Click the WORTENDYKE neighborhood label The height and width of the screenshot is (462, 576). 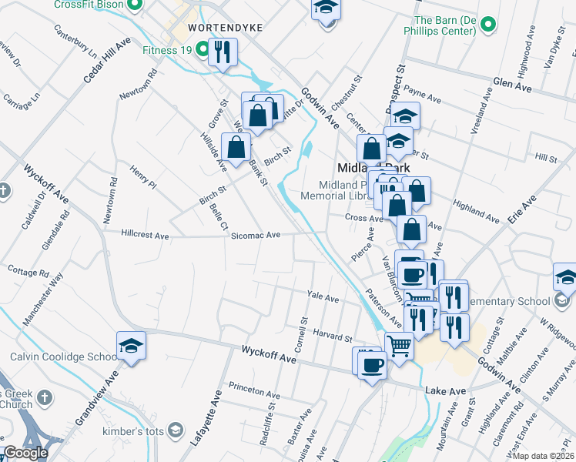click(x=215, y=27)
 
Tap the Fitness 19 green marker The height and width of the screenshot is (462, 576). click(x=203, y=51)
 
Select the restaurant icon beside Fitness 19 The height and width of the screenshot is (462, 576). click(x=223, y=52)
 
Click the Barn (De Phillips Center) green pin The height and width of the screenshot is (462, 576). click(x=487, y=25)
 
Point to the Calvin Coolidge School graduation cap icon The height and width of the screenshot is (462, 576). click(x=131, y=346)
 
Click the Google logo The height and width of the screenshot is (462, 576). click(x=25, y=454)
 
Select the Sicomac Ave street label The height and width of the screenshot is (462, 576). click(x=256, y=236)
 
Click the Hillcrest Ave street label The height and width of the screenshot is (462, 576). click(x=145, y=234)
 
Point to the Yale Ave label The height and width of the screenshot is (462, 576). click(x=323, y=297)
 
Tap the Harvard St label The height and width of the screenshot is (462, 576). click(x=333, y=335)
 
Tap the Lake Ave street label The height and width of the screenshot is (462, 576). click(x=446, y=392)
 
